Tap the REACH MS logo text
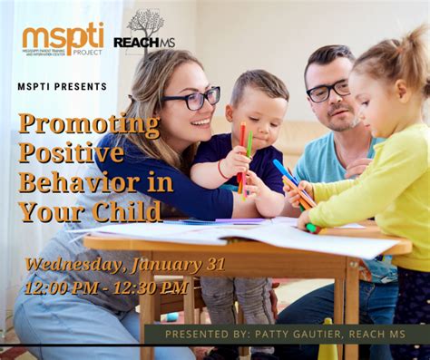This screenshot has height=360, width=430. (143, 43)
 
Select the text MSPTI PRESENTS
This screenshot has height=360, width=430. (62, 87)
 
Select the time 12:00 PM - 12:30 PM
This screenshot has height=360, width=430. (107, 287)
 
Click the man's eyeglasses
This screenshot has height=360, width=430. (327, 91)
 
